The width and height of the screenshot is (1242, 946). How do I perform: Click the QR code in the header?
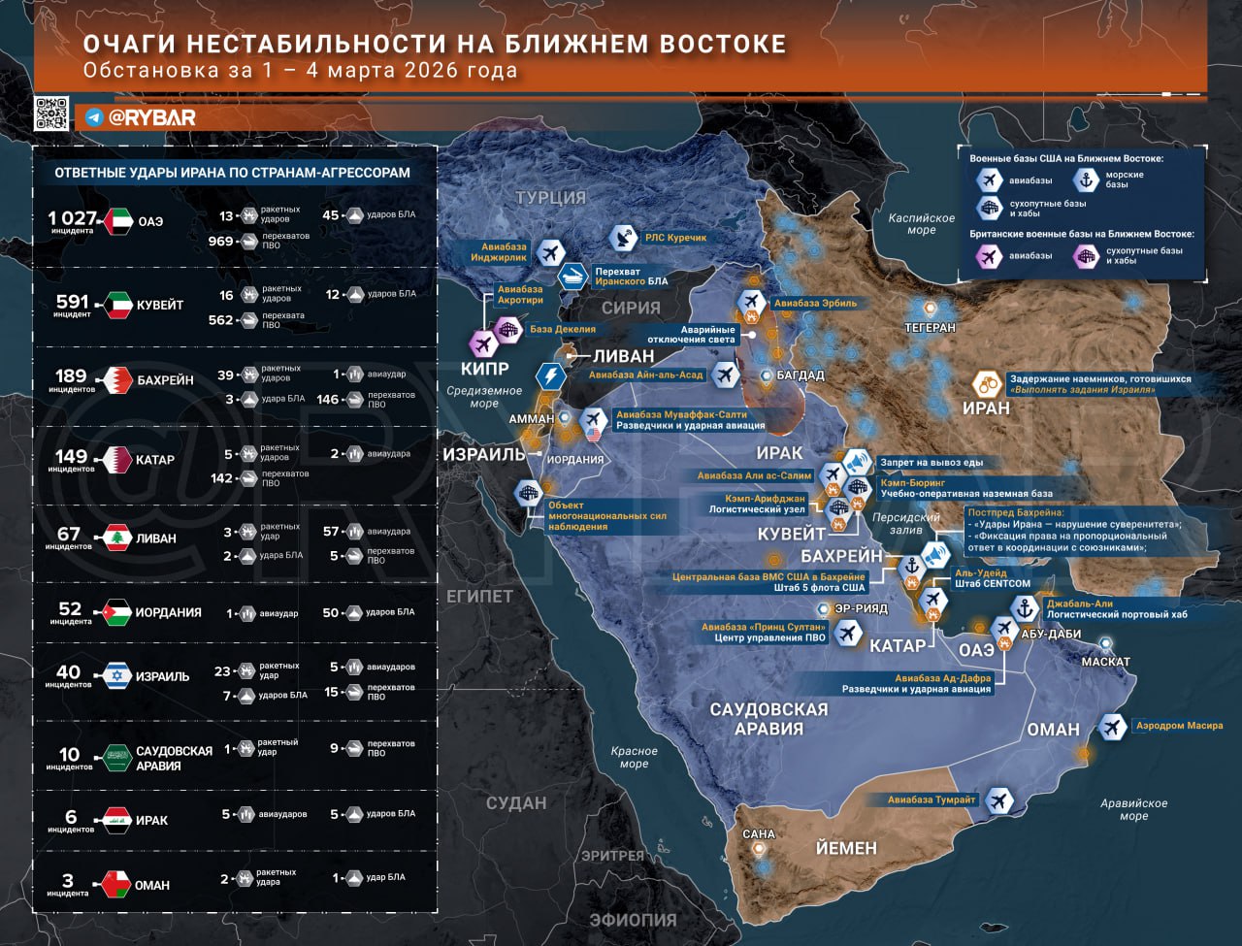click(x=51, y=114)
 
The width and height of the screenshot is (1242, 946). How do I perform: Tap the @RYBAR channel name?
click(x=151, y=117)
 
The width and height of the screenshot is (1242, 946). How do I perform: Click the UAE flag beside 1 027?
click(x=117, y=221)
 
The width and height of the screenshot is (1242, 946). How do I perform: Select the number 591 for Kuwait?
click(x=73, y=302)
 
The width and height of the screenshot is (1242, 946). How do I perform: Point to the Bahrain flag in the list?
click(x=117, y=379)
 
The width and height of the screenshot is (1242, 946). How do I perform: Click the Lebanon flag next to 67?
click(x=117, y=538)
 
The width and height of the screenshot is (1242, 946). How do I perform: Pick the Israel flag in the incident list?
click(x=117, y=675)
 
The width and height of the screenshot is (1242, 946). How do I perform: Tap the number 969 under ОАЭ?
click(x=221, y=241)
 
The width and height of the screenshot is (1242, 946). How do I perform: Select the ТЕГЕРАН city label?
click(x=930, y=328)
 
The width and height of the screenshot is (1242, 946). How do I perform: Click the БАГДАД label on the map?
click(x=801, y=375)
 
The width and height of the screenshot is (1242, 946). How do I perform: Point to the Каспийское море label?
click(x=922, y=224)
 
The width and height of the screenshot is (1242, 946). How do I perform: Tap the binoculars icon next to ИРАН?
click(x=988, y=384)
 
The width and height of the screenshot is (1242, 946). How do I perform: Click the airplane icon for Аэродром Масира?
click(x=1112, y=727)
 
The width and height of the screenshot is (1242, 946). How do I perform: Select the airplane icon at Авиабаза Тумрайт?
click(x=998, y=800)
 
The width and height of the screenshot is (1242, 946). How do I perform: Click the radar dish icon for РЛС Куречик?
click(x=623, y=238)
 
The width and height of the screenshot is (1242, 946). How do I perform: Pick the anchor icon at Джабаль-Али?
click(x=1025, y=609)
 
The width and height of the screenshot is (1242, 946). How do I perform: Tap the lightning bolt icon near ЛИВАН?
click(x=550, y=375)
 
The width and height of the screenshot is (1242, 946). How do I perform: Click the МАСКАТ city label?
click(x=1105, y=662)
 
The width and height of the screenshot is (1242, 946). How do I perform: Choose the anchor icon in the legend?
click(x=1086, y=179)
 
